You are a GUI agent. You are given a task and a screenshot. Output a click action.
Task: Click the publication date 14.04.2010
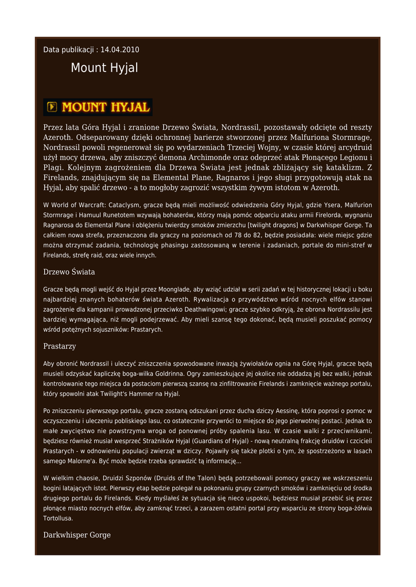click(x=120, y=50)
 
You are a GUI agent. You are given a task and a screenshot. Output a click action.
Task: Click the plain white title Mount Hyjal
click(x=104, y=68)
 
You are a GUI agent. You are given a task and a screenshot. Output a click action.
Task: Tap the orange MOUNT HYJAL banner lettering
click(x=106, y=107)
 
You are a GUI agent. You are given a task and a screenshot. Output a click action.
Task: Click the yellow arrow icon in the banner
click(x=52, y=107)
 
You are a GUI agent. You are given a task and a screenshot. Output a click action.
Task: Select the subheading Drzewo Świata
click(x=69, y=272)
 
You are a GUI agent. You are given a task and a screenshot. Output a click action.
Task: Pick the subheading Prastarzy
click(x=60, y=346)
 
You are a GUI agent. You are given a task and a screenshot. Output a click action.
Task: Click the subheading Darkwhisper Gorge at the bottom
click(x=77, y=535)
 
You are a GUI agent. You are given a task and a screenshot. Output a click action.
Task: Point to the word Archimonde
click(x=215, y=157)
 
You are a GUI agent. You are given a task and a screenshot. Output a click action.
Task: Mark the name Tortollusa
click(x=58, y=518)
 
